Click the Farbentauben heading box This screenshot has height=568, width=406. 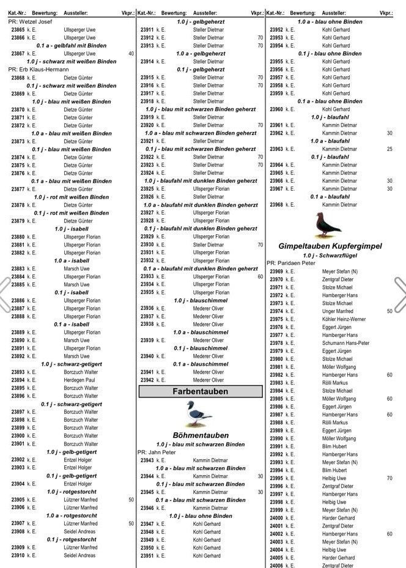click(200, 391)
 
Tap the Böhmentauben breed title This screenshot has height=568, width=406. click(200, 435)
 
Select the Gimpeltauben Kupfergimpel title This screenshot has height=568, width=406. click(330, 246)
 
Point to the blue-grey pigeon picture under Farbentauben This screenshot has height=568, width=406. click(199, 414)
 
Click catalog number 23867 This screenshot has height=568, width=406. click(18, 54)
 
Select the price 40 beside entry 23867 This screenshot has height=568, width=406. click(131, 54)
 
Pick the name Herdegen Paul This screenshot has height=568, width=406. click(79, 380)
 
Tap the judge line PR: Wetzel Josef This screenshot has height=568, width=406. click(30, 21)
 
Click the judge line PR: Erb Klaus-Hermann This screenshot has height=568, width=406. click(39, 70)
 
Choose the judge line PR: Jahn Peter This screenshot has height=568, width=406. click(157, 452)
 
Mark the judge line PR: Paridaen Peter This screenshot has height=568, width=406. click(291, 264)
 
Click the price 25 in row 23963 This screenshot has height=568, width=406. click(389, 149)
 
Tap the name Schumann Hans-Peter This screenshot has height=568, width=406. click(345, 343)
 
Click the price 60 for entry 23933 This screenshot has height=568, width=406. click(260, 276)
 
